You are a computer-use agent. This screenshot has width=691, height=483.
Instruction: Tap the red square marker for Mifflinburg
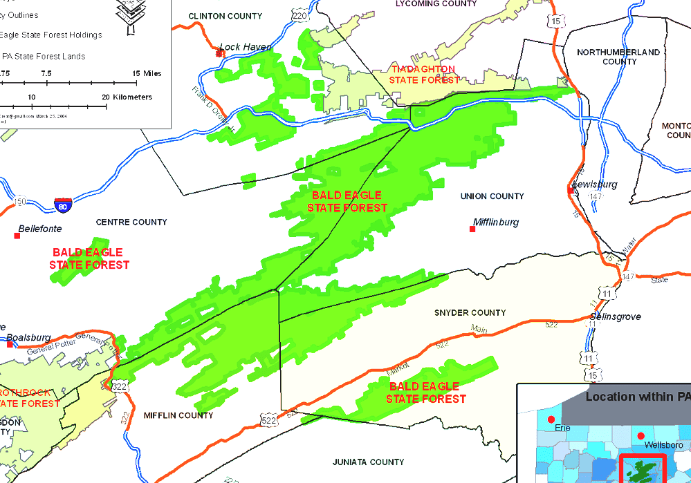click(472, 229)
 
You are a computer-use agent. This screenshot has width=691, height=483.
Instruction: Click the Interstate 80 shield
click(63, 205)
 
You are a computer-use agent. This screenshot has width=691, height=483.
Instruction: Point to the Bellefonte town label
click(40, 228)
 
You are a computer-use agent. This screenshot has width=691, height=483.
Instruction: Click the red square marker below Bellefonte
click(17, 236)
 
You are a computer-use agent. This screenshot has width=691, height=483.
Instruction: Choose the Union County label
click(492, 196)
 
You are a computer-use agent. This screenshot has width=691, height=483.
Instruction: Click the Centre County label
click(131, 222)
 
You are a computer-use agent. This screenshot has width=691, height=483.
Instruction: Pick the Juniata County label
click(367, 462)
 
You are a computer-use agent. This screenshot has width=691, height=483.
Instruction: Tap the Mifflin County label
click(178, 415)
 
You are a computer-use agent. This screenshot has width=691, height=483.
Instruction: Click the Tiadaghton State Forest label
click(423, 75)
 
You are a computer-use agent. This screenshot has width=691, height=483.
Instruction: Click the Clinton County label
click(225, 16)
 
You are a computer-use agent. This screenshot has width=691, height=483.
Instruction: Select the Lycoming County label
click(436, 3)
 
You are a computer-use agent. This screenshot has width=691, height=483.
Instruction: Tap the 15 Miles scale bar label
click(147, 73)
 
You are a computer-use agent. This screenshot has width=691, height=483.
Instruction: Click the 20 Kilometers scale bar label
click(127, 97)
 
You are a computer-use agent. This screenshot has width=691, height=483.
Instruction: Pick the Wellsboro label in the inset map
click(658, 445)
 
